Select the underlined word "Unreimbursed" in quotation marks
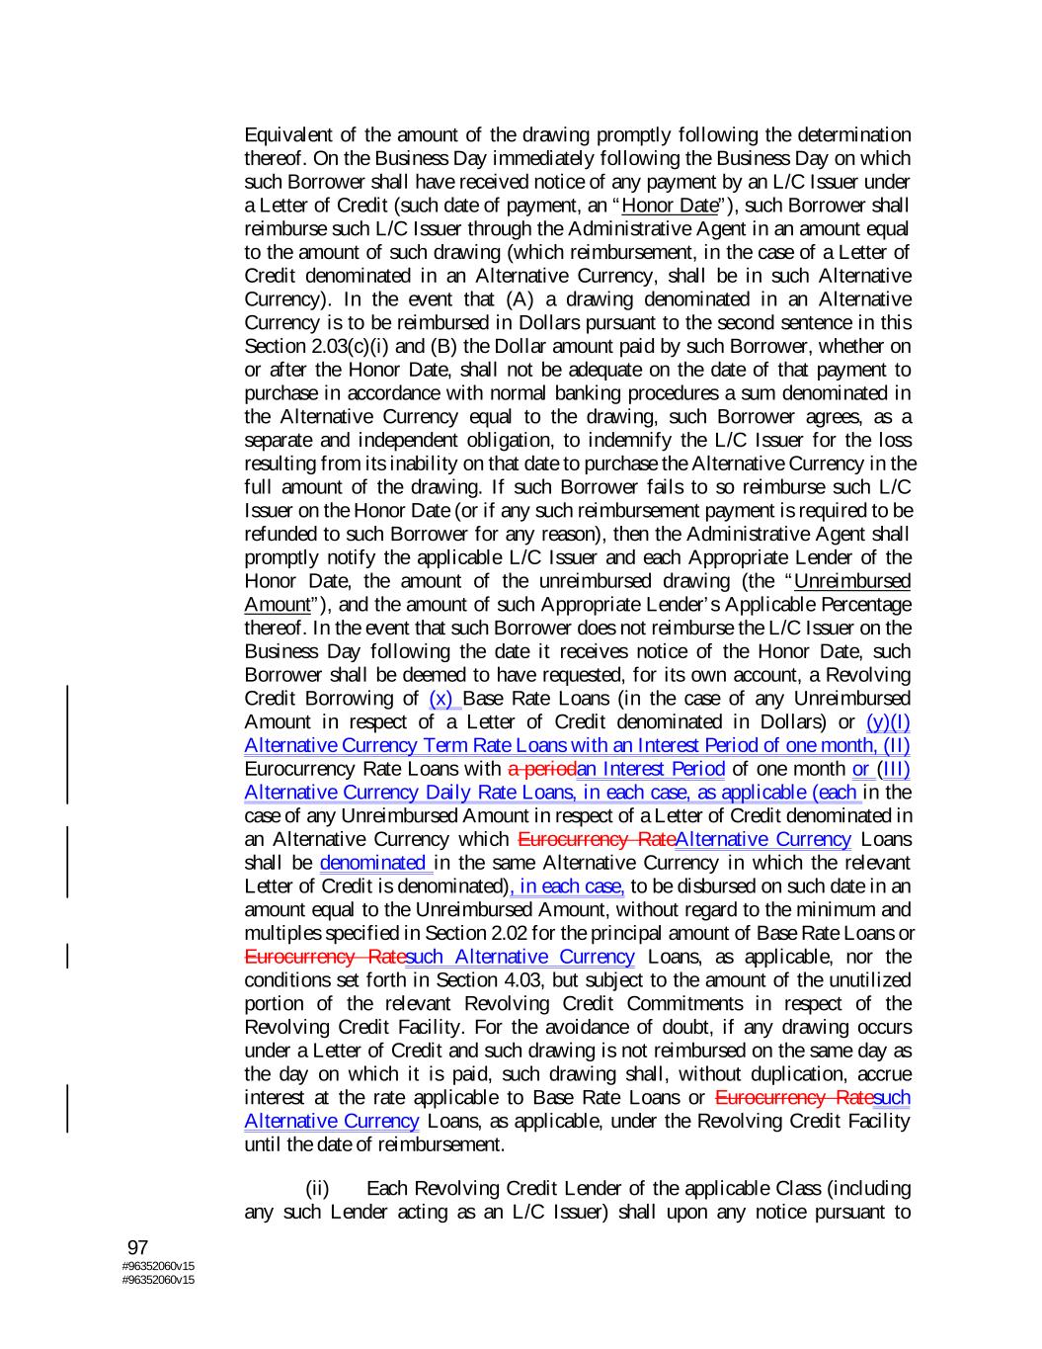click(851, 581)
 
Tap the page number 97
click(137, 1248)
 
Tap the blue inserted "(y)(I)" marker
click(887, 722)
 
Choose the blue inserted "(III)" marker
click(896, 769)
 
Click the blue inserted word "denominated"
click(375, 863)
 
